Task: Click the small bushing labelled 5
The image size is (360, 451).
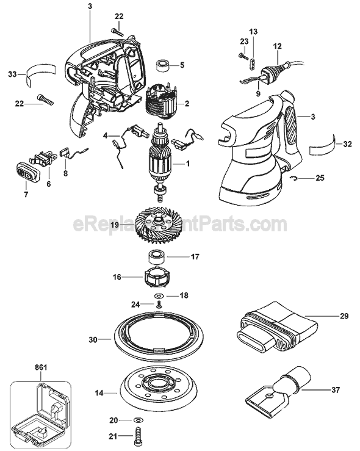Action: point(162,63)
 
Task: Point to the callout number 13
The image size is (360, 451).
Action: point(253,31)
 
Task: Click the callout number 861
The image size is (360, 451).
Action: point(41,367)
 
